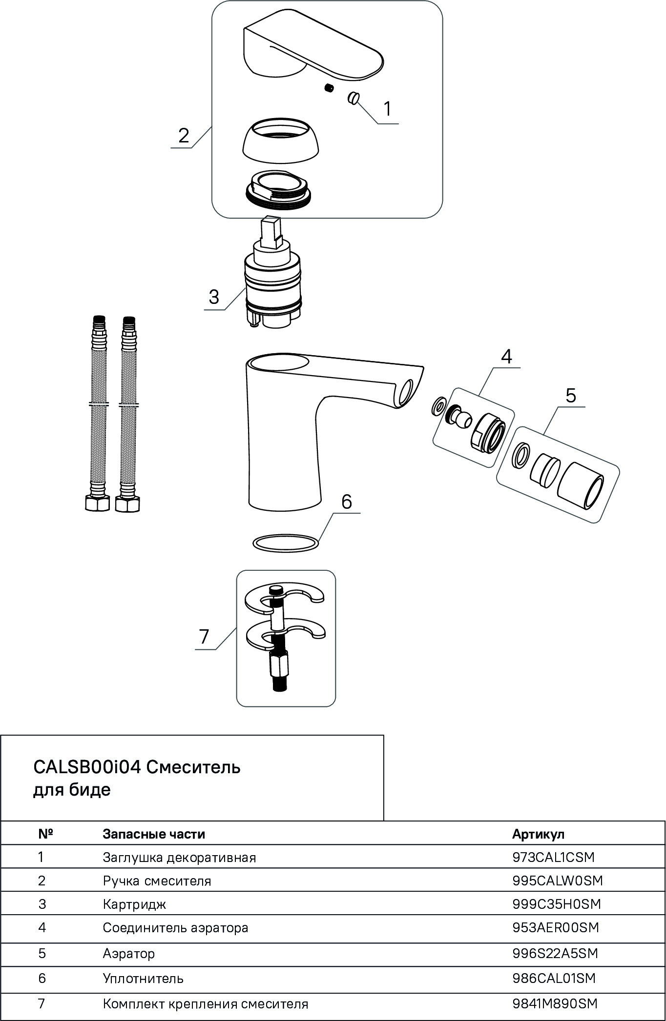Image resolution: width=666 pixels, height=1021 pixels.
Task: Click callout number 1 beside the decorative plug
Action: (387, 109)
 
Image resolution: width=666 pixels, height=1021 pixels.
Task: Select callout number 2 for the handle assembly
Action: (183, 135)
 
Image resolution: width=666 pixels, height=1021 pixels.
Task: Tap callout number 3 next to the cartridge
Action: (214, 297)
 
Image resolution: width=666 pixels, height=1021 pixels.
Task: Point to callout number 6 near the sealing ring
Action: (346, 501)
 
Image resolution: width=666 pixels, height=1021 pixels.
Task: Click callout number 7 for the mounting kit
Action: (204, 636)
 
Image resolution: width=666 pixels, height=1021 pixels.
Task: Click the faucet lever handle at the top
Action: (312, 54)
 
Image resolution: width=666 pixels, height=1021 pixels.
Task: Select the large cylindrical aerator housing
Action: (581, 492)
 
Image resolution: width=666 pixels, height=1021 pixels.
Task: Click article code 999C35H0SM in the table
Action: (556, 904)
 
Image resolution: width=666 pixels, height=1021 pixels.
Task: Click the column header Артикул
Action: (538, 834)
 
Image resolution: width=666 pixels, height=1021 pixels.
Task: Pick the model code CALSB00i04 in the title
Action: (87, 767)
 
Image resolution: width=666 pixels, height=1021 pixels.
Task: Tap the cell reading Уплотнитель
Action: (143, 978)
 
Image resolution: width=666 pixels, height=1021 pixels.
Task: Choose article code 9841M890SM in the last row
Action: (555, 1003)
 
